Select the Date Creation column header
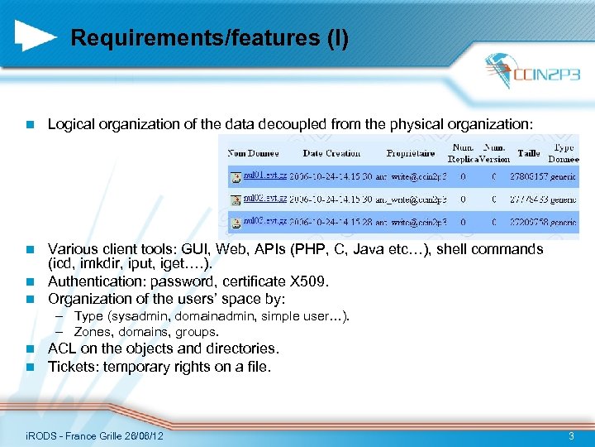[x=331, y=153]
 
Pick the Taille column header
[x=528, y=153]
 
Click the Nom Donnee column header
[x=254, y=153]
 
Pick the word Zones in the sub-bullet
[x=92, y=332]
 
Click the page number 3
[x=570, y=435]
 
